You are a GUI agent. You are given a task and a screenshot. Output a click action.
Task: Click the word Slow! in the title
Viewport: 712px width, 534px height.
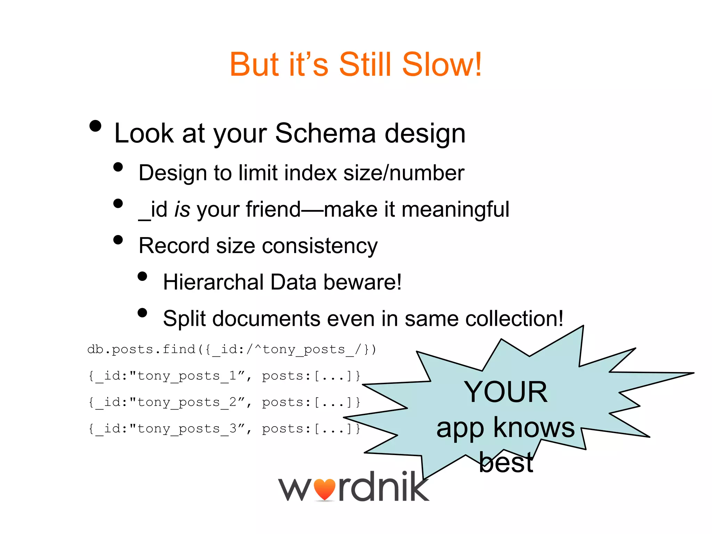coord(442,65)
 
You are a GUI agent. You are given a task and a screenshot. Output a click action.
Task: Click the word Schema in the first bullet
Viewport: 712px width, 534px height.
coord(325,133)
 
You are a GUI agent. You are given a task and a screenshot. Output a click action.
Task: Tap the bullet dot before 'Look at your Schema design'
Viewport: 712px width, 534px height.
coord(95,126)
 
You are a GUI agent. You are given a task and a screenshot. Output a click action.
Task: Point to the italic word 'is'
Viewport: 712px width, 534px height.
coord(182,210)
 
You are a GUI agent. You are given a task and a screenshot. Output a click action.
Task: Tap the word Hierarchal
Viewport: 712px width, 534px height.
coord(213,282)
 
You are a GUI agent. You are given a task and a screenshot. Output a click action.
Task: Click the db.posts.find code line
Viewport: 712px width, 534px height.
coord(232,349)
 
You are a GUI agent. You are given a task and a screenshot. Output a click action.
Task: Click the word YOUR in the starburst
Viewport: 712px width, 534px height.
coord(505,392)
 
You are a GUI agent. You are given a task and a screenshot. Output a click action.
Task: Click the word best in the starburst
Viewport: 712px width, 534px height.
coord(506,463)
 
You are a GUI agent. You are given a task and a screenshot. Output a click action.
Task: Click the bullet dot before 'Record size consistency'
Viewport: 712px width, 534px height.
coord(118,240)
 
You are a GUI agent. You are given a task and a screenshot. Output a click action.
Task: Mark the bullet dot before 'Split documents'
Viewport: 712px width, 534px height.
coord(142,313)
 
